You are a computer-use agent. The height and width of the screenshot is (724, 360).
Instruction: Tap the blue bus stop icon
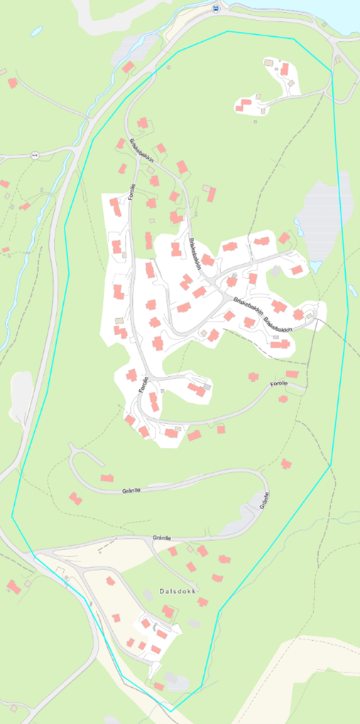coord(215,9)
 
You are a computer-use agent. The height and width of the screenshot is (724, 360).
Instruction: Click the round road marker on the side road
coord(34,154)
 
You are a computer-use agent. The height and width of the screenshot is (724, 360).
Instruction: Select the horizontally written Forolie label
coord(279,383)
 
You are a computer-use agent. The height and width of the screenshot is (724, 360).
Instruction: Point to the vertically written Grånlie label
coord(265,500)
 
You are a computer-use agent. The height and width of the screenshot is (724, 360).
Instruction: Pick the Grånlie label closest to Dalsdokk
coord(162,538)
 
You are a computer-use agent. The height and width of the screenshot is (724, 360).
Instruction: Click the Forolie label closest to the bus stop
coord(133,192)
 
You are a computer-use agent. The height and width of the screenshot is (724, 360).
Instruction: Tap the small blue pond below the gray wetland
coord(315,266)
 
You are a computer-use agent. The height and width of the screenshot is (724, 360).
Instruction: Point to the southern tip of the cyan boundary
coord(171,710)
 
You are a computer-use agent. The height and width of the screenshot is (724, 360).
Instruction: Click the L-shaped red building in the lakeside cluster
coord(245,105)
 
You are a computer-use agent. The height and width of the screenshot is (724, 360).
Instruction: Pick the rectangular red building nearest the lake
coord(284,70)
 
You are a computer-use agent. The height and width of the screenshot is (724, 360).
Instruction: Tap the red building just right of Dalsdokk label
coord(202,603)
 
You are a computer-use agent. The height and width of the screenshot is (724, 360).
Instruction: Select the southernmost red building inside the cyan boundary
coord(159,686)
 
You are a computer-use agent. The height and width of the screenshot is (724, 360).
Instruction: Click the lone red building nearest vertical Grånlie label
coord(286,464)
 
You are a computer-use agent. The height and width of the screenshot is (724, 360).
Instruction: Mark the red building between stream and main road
coord(129,67)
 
